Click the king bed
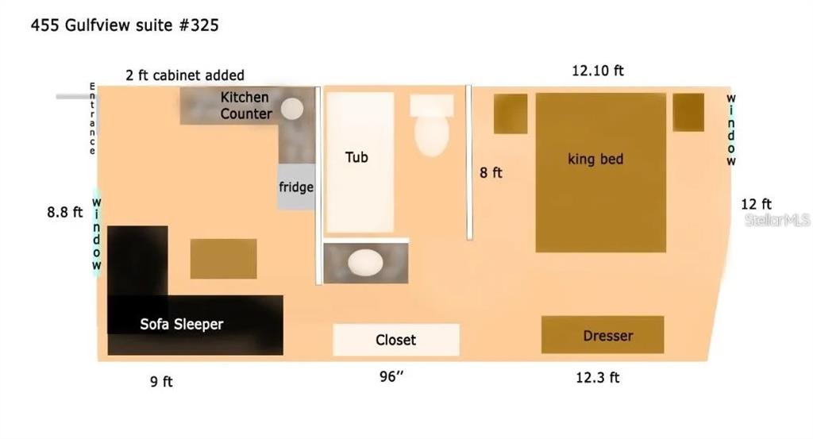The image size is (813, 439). pos(600,172)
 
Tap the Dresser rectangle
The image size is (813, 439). pos(603,335)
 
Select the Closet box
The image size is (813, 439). pos(396,340)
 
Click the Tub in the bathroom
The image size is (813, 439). pos(360,162)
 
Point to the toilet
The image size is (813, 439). pos(431,125)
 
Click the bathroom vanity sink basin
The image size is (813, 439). pos(365,262)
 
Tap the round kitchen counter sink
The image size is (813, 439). pos(292,109)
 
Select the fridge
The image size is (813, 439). pos(296,187)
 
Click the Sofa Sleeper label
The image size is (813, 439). pos(182,325)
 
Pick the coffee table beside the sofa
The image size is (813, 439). pos(223,259)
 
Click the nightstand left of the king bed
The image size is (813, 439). pos(511,114)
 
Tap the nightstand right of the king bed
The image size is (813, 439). pos(688,112)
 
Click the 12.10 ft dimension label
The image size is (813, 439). pos(597,71)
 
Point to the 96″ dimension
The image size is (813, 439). pos(391,376)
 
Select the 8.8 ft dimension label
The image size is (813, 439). pos(65,212)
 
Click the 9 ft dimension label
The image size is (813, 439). pos(161,382)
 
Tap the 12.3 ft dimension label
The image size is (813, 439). pos(597,377)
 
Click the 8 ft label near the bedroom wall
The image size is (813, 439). pos(491,172)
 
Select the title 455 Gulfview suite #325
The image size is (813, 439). pos(125,25)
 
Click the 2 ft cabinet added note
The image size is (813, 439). pos(184,75)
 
